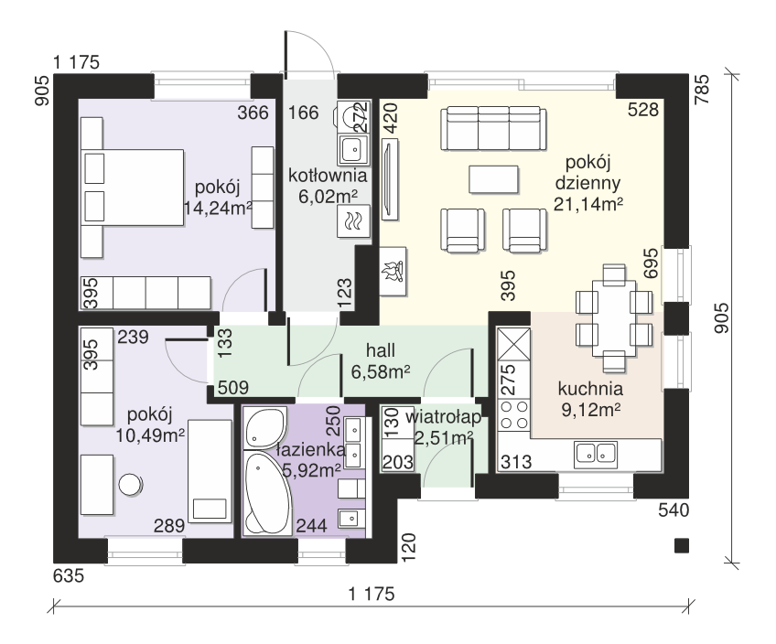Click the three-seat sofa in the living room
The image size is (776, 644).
tap(494, 128)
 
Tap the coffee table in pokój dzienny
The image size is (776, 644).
tap(494, 179)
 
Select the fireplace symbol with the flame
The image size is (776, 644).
tap(393, 272)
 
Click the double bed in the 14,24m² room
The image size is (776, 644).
tap(134, 188)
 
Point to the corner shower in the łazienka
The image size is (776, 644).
tap(265, 428)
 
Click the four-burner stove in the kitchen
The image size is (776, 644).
tap(513, 415)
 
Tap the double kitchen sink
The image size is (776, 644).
tap(596, 455)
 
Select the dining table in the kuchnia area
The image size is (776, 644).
tap(614, 317)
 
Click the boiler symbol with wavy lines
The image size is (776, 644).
tap(353, 221)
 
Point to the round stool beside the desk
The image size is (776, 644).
tap(131, 484)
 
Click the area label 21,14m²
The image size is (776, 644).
tap(587, 204)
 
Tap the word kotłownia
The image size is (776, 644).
tap(328, 176)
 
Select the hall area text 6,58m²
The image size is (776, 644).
tap(380, 371)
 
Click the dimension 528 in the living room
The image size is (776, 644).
tap(643, 109)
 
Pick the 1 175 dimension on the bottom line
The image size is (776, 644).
tap(372, 594)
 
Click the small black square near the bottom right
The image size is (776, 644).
tap(682, 545)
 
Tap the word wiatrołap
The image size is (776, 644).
tap(443, 417)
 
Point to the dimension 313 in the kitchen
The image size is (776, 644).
tap(516, 462)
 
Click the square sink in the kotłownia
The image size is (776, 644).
tap(353, 148)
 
